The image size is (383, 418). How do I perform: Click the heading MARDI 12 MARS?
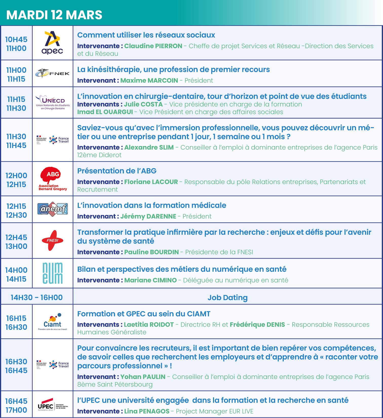tap(54, 15)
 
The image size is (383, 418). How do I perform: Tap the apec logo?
tap(52, 43)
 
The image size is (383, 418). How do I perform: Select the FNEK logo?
tap(52, 73)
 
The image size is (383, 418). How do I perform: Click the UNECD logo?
tap(53, 102)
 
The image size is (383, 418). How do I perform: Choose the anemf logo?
tap(52, 209)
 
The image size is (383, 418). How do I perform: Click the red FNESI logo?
tap(52, 240)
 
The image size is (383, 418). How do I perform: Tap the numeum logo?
tap(52, 273)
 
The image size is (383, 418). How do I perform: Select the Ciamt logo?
tap(52, 321)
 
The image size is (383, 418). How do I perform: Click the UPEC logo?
tap(52, 404)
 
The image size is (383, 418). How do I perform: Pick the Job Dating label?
tap(227, 297)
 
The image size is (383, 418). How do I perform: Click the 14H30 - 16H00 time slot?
tap(37, 297)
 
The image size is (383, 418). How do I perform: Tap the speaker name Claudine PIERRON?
tap(153, 46)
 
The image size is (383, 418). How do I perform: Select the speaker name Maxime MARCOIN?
tap(149, 80)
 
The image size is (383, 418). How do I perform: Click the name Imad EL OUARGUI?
tap(105, 112)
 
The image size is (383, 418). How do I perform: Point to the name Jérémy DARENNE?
tap(148, 216)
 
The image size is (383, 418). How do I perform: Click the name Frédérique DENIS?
tap(257, 324)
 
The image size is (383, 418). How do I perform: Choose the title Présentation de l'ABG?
tap(117, 171)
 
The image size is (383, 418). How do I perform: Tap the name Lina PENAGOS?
tap(147, 411)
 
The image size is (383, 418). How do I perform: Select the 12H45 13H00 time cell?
tap(16, 242)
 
